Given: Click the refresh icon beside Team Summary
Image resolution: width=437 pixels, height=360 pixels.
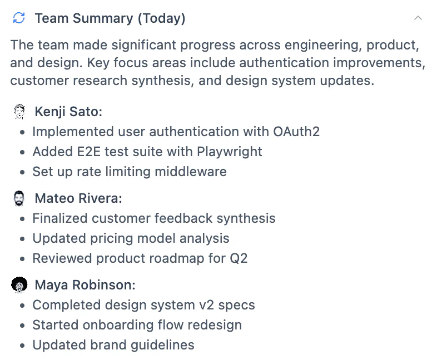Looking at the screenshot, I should click(x=19, y=18).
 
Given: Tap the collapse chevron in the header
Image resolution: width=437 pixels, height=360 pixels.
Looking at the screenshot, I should click(x=418, y=18).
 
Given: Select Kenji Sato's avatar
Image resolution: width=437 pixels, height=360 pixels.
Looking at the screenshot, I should click(x=19, y=112).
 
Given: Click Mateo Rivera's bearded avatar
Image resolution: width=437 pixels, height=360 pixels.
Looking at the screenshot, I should click(x=19, y=198).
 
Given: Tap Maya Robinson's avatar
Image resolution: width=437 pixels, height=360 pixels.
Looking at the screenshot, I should click(x=19, y=285).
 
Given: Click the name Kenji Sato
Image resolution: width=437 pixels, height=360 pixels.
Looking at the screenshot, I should click(x=68, y=112).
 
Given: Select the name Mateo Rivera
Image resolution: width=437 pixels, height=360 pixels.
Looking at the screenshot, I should click(x=78, y=198).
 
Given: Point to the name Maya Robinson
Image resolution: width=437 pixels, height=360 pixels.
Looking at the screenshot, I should click(x=85, y=285).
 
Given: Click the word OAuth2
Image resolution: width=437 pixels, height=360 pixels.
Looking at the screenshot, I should click(x=296, y=132).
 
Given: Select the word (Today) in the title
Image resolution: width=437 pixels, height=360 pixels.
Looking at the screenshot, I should click(x=161, y=18).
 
